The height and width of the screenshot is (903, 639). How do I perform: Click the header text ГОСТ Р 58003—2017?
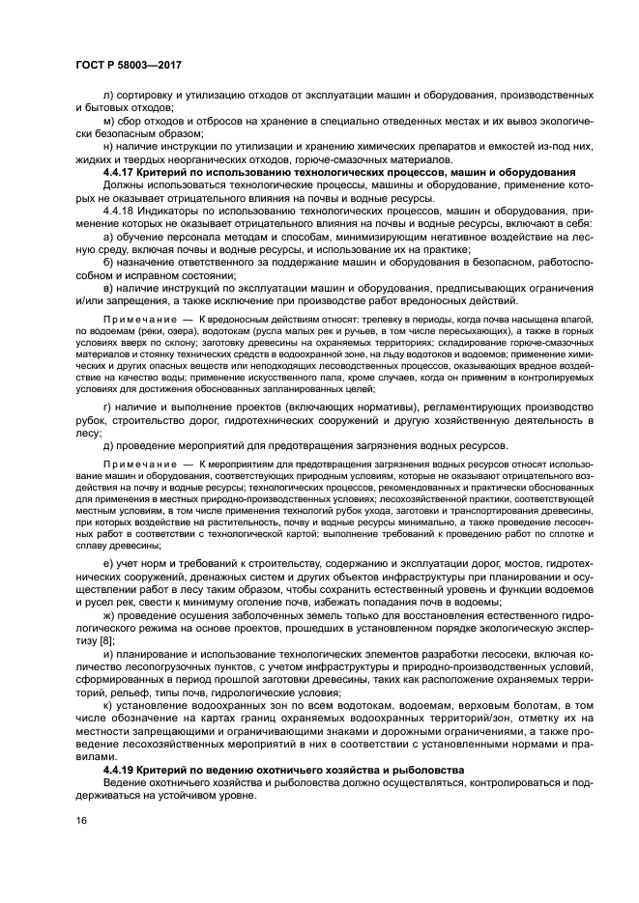coord(129,64)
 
